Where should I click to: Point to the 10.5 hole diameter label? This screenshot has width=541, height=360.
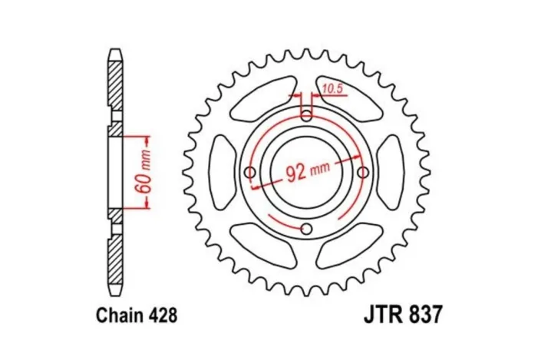[x=332, y=89]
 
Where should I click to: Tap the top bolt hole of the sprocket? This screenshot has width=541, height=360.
[x=307, y=116]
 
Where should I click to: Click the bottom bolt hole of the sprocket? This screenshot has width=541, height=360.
[x=307, y=228]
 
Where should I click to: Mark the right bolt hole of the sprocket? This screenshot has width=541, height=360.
[x=363, y=172]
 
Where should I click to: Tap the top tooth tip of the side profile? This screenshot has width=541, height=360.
[x=114, y=53]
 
